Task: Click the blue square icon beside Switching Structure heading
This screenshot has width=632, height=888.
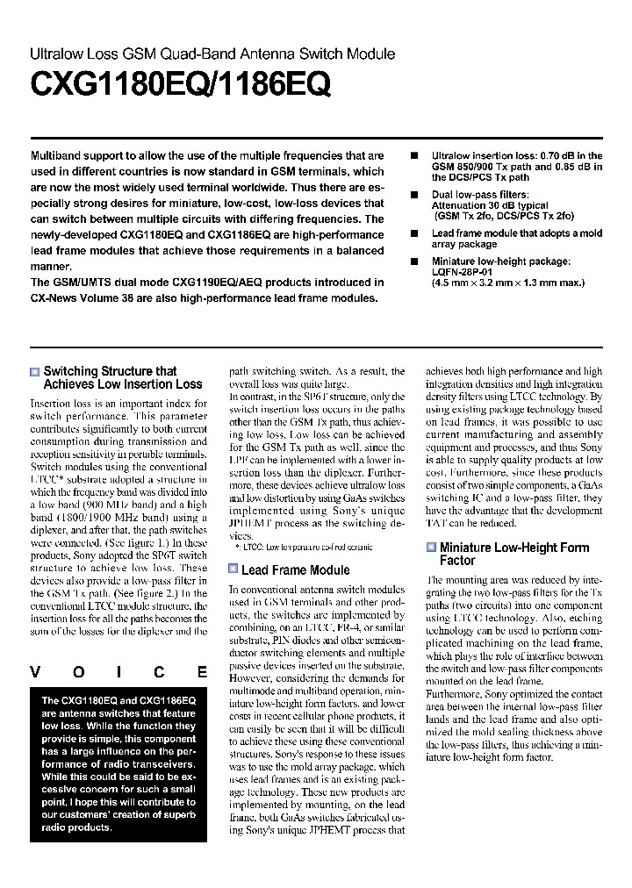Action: click(35, 372)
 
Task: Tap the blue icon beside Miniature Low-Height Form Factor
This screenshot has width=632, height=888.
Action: click(431, 548)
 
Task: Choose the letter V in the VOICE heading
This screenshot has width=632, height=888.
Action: click(36, 673)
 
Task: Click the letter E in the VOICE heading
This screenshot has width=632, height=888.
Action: click(203, 673)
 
